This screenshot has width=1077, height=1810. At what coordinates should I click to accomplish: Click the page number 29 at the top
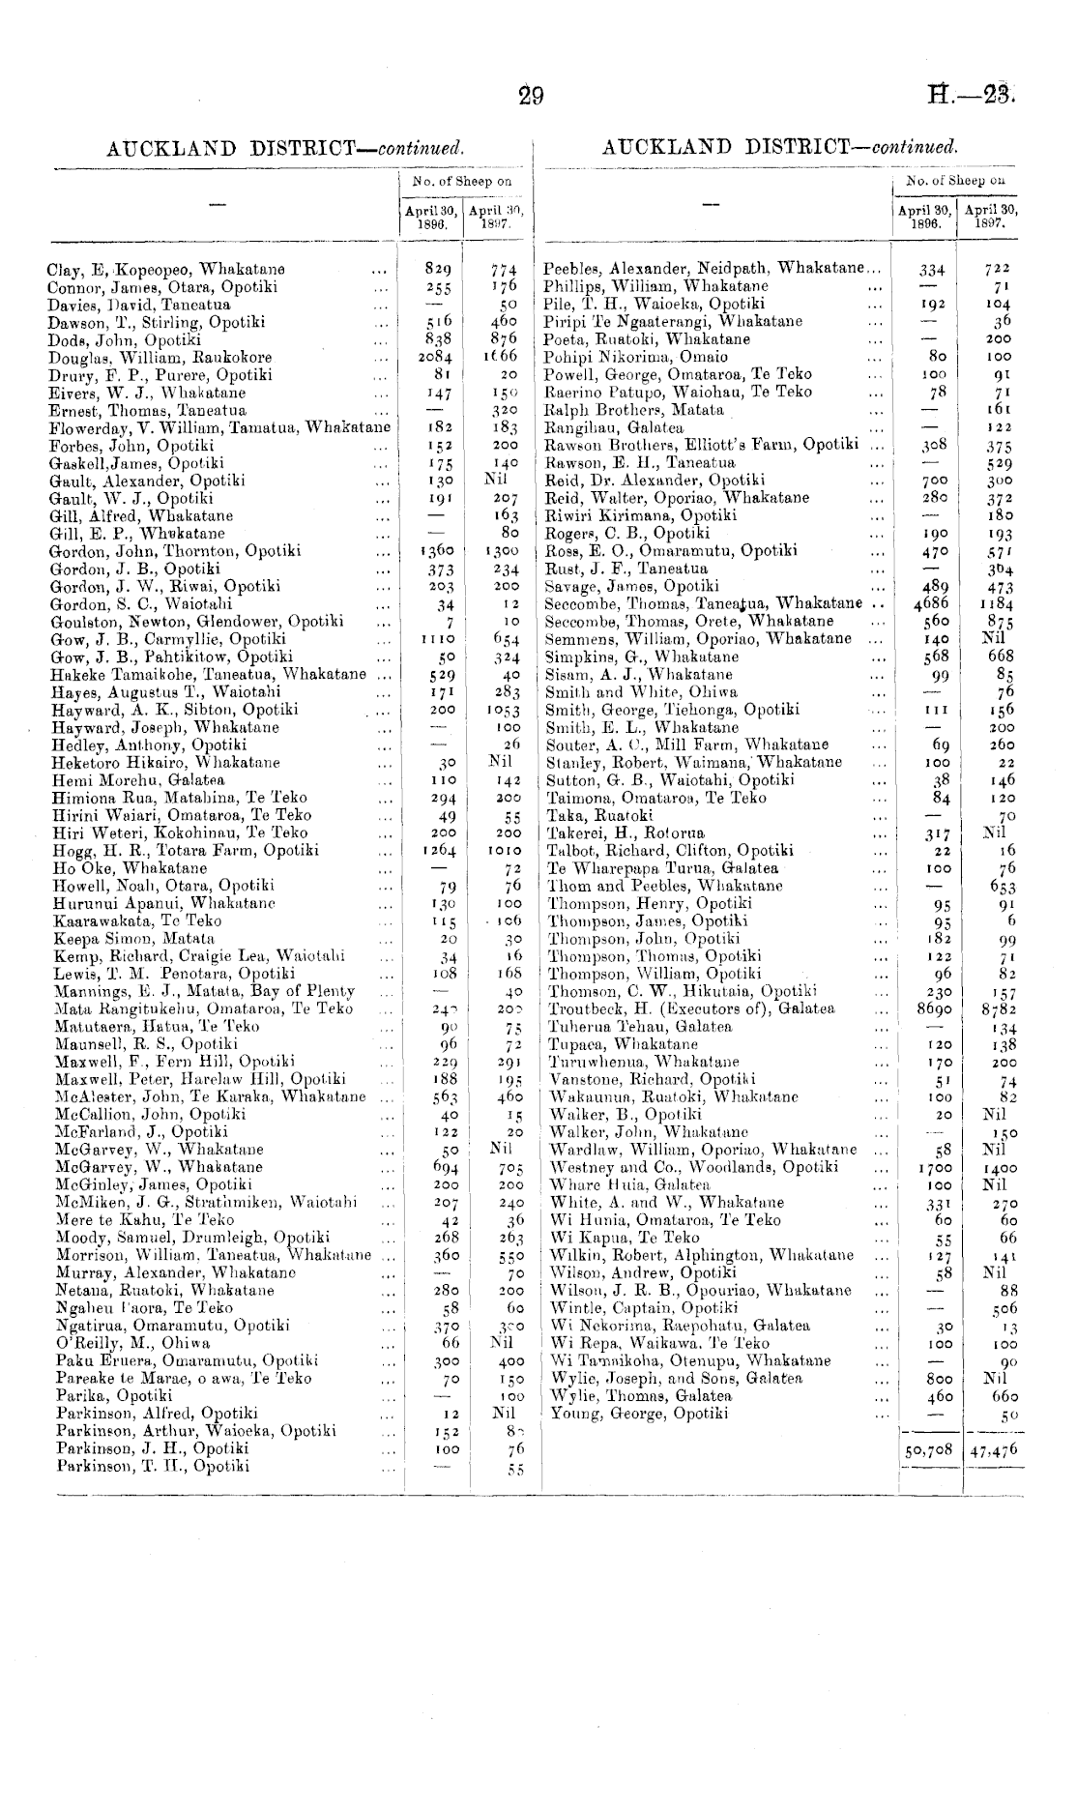click(531, 96)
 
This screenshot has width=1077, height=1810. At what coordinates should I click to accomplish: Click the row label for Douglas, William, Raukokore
click(160, 358)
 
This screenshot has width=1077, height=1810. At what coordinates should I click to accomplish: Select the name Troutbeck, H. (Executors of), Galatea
click(691, 1008)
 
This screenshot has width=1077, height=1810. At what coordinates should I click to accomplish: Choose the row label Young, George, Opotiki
click(639, 1414)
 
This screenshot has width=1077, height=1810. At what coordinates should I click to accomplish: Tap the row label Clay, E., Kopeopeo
click(166, 270)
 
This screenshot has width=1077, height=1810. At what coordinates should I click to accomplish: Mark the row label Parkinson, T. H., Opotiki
click(152, 1466)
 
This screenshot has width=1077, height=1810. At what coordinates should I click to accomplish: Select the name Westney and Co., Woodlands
click(693, 1167)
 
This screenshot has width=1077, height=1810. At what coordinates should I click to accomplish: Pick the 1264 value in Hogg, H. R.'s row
click(440, 850)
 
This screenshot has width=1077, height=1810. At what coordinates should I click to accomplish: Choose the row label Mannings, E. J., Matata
click(205, 991)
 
